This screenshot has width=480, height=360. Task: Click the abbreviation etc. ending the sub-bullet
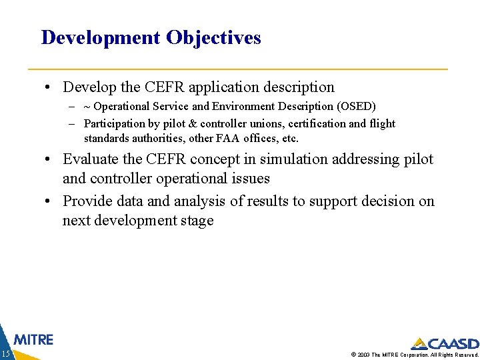tap(290, 139)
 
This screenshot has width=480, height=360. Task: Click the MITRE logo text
tap(33, 339)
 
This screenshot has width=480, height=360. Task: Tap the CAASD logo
tap(445, 344)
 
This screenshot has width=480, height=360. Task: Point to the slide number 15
tap(5, 353)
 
